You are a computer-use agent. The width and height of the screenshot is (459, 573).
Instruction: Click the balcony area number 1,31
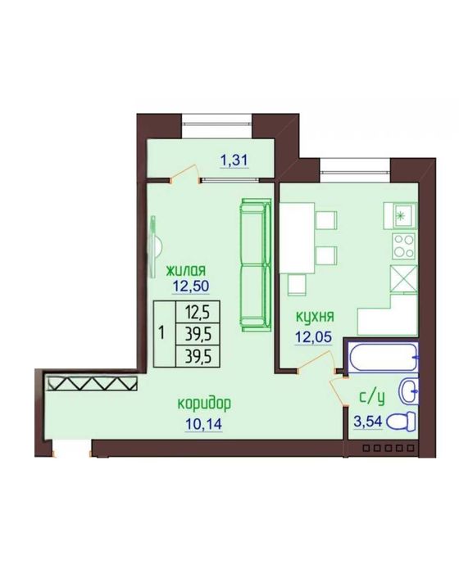click(x=234, y=160)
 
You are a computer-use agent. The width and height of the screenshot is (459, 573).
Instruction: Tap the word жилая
click(x=186, y=271)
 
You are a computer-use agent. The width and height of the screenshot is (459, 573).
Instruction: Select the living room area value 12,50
click(x=191, y=286)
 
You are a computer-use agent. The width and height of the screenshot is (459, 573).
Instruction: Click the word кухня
click(x=315, y=318)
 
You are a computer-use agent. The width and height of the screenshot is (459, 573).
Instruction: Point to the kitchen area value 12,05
click(x=314, y=336)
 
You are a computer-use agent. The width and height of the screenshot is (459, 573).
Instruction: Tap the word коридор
click(x=204, y=404)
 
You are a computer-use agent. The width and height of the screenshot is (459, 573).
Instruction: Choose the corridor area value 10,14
click(x=204, y=424)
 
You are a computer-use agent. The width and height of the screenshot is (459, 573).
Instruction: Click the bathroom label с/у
click(x=372, y=398)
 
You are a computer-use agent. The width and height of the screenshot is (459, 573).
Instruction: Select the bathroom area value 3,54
click(x=368, y=422)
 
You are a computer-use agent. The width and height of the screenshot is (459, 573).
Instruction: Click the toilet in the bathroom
click(x=401, y=422)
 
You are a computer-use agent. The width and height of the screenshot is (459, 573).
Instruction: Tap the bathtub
click(x=383, y=357)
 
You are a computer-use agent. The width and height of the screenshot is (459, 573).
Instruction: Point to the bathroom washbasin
click(x=408, y=391)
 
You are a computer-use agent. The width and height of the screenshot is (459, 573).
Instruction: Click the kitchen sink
click(x=400, y=215)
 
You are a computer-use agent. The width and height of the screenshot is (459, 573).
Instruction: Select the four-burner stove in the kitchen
click(x=404, y=246)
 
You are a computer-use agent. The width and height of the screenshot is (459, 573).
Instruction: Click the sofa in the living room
click(x=256, y=265)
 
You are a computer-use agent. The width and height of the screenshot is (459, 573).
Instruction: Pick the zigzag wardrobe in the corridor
click(x=92, y=383)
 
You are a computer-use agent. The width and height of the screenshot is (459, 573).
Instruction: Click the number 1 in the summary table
click(x=161, y=333)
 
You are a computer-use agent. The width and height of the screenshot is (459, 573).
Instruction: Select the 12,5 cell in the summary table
click(x=198, y=312)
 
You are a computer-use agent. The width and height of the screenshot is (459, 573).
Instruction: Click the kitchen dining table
click(x=298, y=238)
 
